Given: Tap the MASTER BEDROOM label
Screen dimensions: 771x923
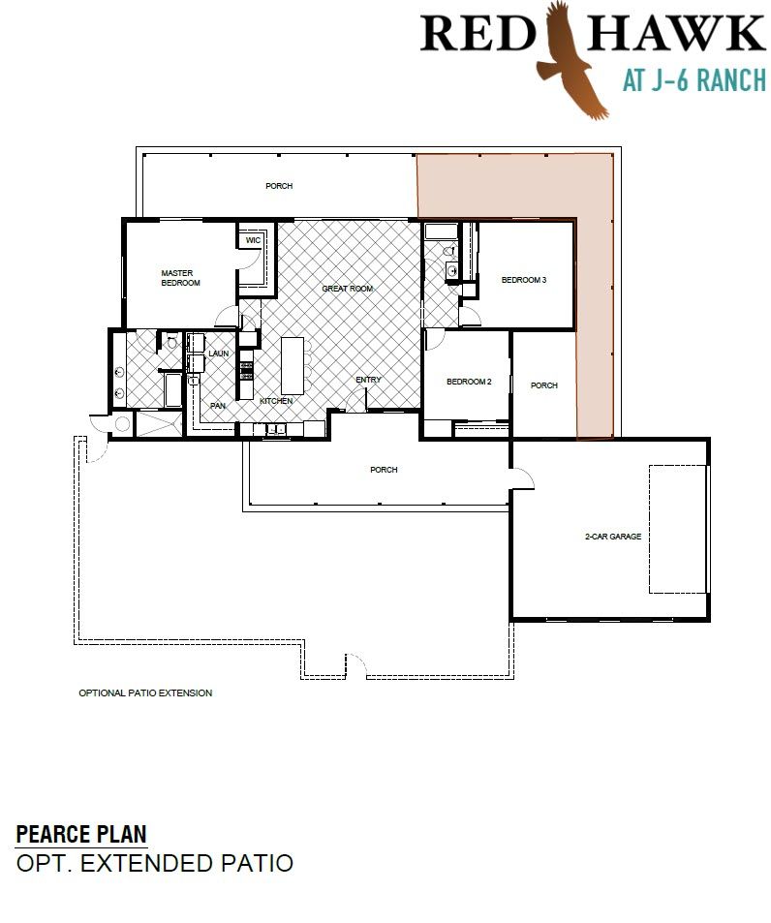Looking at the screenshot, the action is (180, 278).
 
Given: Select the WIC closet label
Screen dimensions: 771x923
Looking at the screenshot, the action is (253, 240).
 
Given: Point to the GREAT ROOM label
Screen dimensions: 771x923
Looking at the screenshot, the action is (348, 289).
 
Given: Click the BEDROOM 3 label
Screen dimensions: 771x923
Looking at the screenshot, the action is (524, 280).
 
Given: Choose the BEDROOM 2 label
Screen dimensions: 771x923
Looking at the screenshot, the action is (469, 382).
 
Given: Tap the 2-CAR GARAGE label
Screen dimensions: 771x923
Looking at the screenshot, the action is (613, 537).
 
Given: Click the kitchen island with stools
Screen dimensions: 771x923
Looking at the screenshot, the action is (294, 365).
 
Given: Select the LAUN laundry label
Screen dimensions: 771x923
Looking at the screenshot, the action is (218, 354).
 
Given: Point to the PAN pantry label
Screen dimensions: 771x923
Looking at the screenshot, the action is (218, 406).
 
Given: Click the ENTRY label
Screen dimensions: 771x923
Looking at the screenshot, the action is (368, 380).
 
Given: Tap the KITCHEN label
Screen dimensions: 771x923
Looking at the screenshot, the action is (276, 401).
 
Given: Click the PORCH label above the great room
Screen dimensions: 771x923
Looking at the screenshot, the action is (279, 185).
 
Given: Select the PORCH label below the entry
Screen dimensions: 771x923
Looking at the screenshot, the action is (384, 469).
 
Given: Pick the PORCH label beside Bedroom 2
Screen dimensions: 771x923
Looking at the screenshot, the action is (543, 385).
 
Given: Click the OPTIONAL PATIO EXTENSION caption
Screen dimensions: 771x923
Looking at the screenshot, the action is (145, 692).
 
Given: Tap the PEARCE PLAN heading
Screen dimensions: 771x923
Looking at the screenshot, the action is (81, 834).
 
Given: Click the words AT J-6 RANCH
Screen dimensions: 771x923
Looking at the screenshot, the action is (694, 80).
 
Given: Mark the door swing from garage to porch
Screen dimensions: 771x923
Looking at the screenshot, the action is (524, 478).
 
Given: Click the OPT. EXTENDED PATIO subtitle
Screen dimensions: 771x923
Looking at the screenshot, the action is (155, 863).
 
